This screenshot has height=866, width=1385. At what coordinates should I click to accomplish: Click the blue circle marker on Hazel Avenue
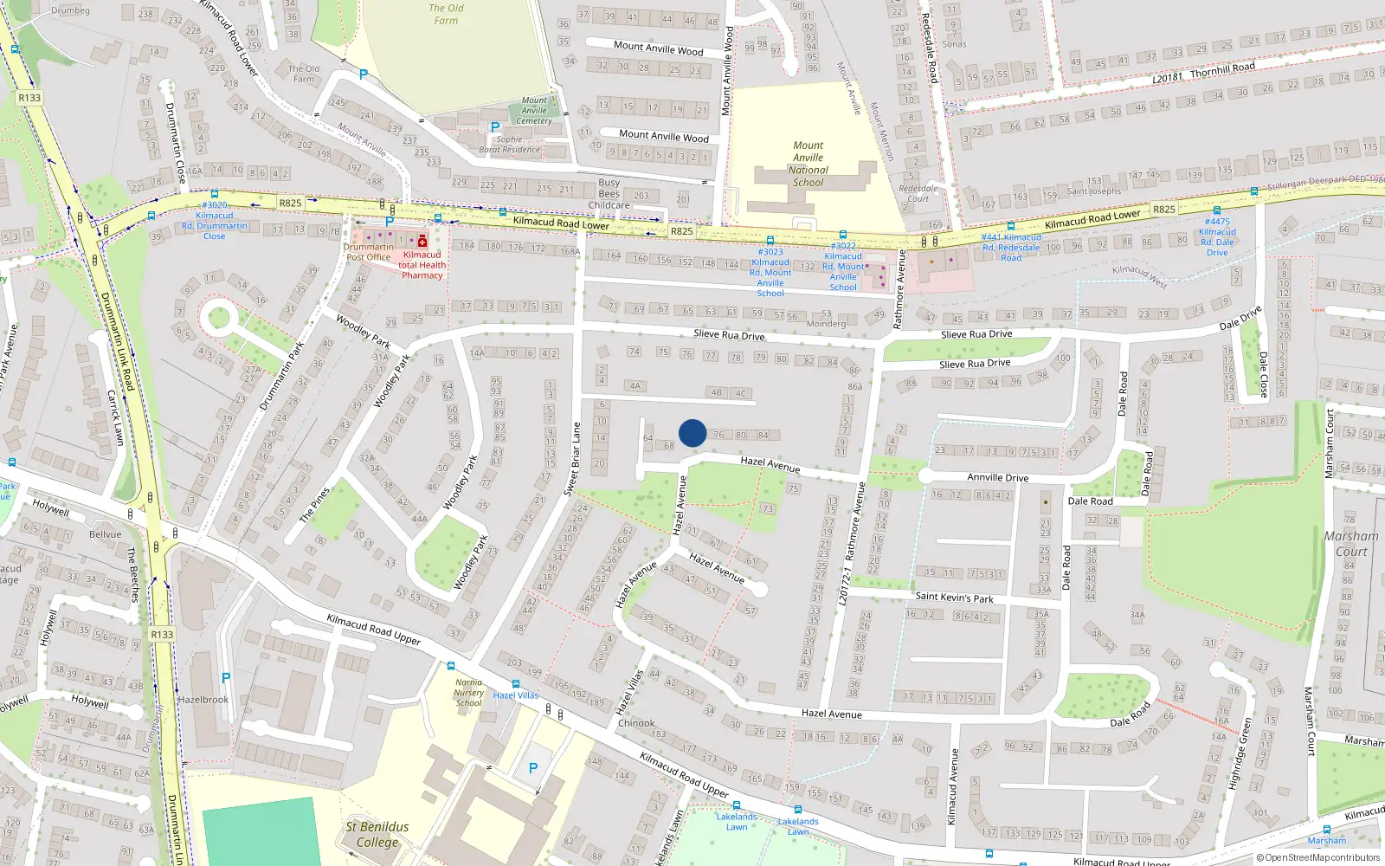[x=692, y=433]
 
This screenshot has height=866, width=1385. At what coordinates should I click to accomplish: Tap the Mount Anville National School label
[x=808, y=165]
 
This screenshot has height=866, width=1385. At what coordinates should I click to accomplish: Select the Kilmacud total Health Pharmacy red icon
[x=422, y=242]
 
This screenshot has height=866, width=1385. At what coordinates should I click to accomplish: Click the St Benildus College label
[x=377, y=834]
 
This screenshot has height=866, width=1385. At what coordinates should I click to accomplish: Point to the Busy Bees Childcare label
[x=609, y=194]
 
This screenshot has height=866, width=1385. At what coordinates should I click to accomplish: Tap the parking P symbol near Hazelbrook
[x=226, y=678]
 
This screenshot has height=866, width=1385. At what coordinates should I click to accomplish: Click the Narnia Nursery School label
[x=468, y=693]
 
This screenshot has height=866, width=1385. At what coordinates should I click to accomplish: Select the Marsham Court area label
[x=1350, y=544]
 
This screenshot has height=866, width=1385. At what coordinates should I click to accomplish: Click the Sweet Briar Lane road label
[x=572, y=459]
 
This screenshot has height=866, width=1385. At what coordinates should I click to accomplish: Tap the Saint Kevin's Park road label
[x=954, y=598]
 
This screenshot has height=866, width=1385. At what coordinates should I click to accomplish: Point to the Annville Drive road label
[x=997, y=477]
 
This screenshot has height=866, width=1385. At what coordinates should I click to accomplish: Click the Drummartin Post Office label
[x=368, y=252]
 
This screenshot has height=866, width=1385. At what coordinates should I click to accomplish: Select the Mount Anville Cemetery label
[x=534, y=111]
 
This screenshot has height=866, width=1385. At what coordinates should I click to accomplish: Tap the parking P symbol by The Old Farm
[x=364, y=75]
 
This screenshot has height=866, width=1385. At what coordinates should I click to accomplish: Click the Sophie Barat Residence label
[x=510, y=145]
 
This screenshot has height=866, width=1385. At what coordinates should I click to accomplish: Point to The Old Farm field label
[x=446, y=14]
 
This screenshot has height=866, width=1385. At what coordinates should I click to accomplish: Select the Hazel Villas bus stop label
[x=515, y=695]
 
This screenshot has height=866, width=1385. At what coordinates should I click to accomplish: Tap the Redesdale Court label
[x=918, y=193]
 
